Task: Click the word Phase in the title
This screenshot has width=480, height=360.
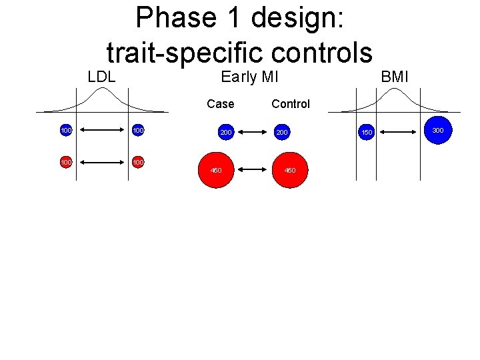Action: point(169,17)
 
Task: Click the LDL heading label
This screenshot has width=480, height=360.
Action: point(101,77)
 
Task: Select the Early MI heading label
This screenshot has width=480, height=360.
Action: point(249,77)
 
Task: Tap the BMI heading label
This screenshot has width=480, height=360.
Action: point(394,77)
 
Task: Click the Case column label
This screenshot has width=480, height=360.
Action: point(221,104)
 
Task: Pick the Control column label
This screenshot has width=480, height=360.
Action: point(291,104)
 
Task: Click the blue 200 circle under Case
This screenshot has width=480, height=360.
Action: point(226,133)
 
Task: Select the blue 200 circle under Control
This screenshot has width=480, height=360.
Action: point(283,133)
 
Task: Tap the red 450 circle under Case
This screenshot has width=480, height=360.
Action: point(217,170)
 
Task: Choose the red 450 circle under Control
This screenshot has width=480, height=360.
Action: point(291,170)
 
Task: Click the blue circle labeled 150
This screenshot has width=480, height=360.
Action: point(366,133)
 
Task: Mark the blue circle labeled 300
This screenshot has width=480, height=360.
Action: point(437,130)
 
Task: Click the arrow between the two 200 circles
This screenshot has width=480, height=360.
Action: point(254,133)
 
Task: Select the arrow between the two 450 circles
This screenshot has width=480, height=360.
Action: point(253,170)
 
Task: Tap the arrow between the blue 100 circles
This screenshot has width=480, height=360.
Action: point(102,131)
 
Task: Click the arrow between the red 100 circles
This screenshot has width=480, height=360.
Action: point(102,162)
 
